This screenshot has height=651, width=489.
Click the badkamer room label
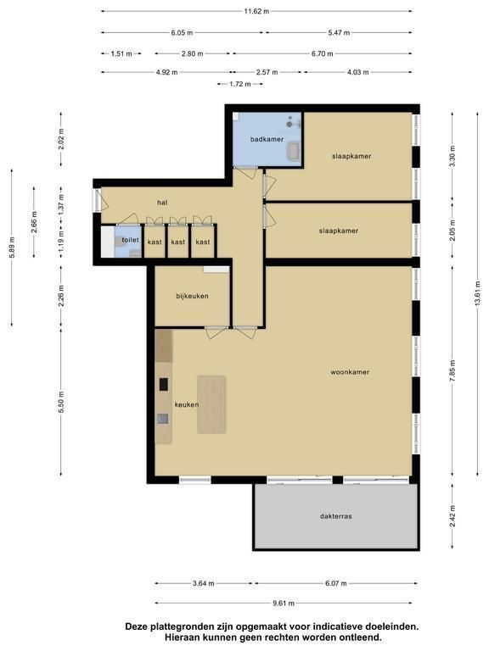(267, 139)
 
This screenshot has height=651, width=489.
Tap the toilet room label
(130, 240)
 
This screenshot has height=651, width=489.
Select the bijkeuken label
(192, 296)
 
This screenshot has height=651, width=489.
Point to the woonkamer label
(350, 372)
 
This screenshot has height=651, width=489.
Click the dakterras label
(336, 516)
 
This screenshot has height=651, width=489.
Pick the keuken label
(186, 404)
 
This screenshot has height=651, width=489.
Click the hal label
(162, 203)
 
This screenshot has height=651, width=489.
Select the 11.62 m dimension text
(256, 11)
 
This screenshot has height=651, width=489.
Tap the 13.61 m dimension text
(477, 293)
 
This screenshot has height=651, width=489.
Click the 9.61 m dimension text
(284, 603)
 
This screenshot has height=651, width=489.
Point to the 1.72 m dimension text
(240, 84)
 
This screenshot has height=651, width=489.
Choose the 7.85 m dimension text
(452, 372)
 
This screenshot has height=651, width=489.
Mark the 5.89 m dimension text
(12, 247)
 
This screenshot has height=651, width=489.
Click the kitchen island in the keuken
(211, 404)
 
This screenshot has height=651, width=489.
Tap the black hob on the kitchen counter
(164, 384)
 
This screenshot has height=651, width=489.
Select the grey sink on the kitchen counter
(163, 419)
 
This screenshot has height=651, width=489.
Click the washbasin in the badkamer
(293, 150)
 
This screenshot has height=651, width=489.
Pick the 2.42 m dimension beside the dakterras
(452, 516)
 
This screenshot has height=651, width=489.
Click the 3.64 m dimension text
(204, 583)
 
